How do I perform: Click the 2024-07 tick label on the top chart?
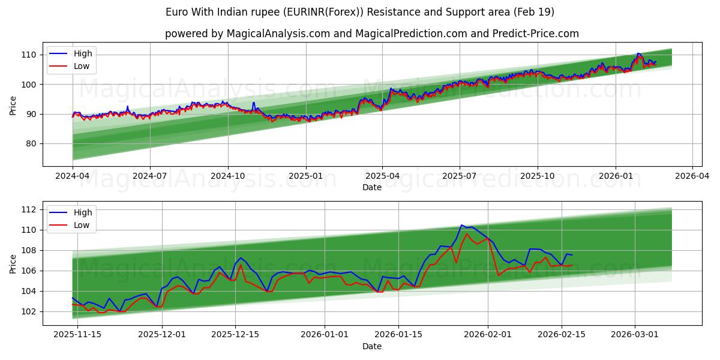coord(149,176)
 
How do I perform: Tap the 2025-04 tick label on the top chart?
coord(382,176)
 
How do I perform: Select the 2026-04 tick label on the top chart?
coord(692,176)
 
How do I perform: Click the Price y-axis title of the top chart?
coord(13,105)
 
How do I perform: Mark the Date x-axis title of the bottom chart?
coord(372,346)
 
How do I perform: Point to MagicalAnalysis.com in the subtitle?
coord(278,34)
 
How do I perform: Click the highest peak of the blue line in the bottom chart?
coord(461,225)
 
